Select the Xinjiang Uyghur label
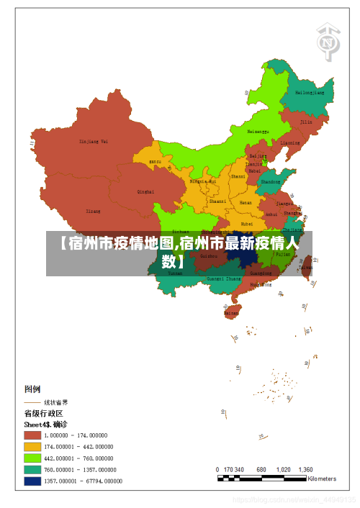tap(94, 142)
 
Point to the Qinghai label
tap(145, 192)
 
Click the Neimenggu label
tap(258, 132)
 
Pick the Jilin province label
tap(306, 122)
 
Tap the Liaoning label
tap(290, 143)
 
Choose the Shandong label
tap(270, 182)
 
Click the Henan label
tap(246, 203)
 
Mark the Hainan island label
tap(231, 313)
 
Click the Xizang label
tap(94, 212)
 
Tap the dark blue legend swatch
tap(32, 481)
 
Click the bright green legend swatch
tap(32, 458)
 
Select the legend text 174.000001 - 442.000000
tap(78, 446)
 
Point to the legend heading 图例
tap(34, 389)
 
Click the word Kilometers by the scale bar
tap(322, 478)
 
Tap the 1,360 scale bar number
tap(305, 468)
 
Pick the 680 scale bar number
tap(261, 468)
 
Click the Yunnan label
tap(175, 273)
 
